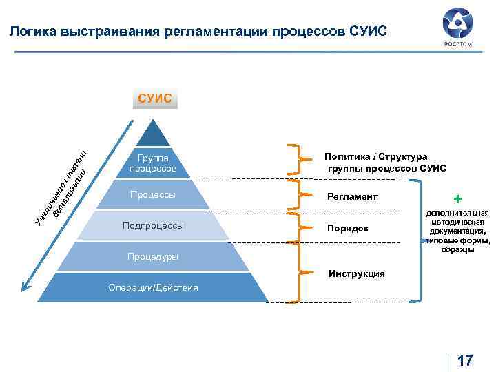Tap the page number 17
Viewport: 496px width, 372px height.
465,360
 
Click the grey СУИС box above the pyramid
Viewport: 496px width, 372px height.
155,99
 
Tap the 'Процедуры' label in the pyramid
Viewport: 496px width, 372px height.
152,256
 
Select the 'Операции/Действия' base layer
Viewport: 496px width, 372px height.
153,287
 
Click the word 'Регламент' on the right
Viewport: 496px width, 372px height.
353,197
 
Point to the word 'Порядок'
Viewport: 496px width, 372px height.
348,228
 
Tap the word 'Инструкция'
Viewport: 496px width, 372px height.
357,273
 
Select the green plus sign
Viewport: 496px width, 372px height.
458,198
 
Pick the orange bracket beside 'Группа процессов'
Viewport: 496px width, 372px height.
297,160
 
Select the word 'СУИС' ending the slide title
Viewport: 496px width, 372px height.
369,31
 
